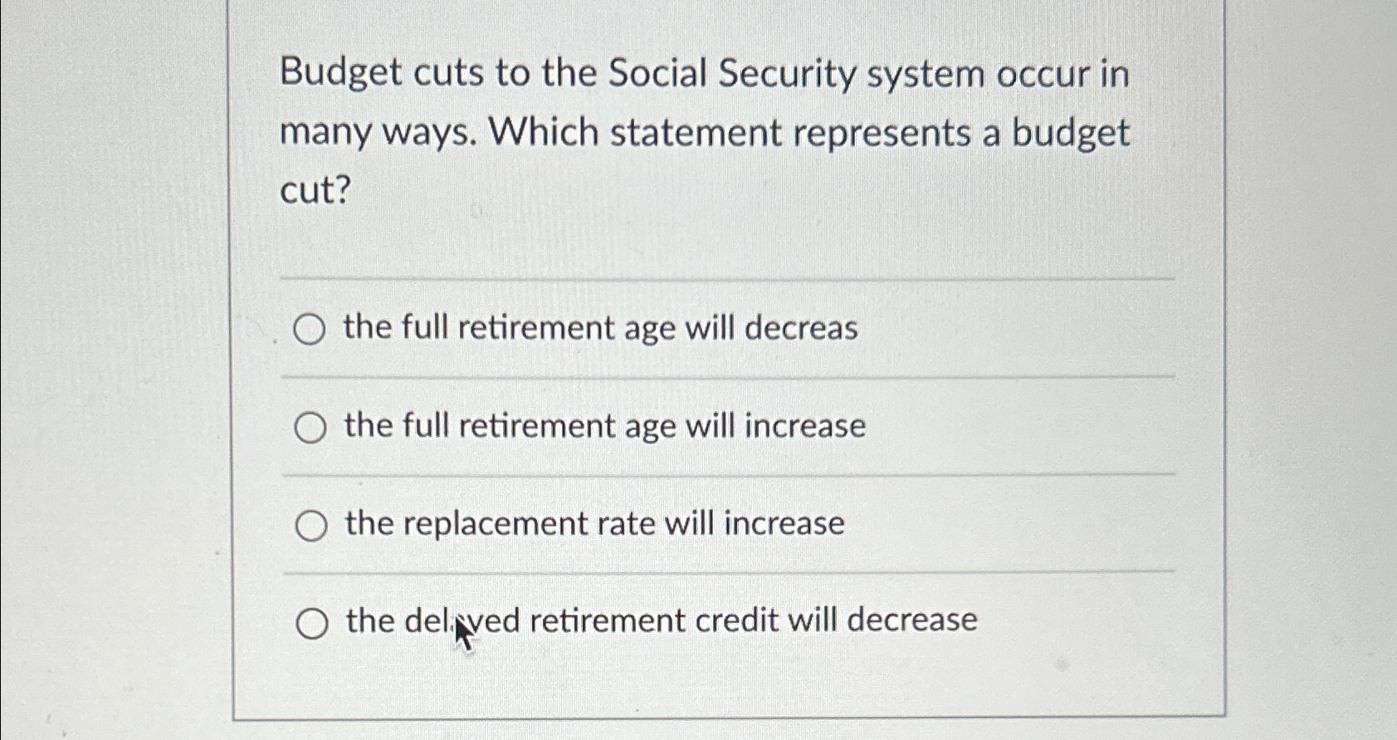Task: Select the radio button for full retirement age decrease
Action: click(310, 330)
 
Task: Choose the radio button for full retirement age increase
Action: click(310, 428)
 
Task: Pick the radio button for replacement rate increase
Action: click(311, 526)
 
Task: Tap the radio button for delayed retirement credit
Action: click(312, 623)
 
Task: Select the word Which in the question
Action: click(543, 133)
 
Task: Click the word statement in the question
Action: click(695, 134)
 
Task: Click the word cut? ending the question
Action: click(316, 191)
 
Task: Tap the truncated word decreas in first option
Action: click(801, 328)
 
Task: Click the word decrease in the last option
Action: click(912, 620)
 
